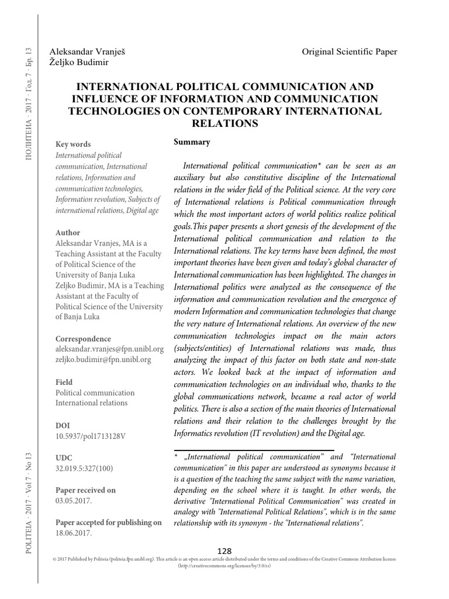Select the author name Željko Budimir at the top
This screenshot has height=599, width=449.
(83, 61)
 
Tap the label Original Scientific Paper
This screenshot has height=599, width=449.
(349, 51)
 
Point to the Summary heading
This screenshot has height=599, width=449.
(192, 142)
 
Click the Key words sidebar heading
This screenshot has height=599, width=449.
(72, 144)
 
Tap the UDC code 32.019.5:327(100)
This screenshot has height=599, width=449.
(85, 469)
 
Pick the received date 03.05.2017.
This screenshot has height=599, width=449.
(74, 500)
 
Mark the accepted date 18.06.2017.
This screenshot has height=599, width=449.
(74, 533)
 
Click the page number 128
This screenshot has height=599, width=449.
(224, 550)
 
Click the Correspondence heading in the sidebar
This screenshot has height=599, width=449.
(82, 339)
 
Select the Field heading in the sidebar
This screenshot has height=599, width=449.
(64, 382)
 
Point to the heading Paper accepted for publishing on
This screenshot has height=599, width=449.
(108, 522)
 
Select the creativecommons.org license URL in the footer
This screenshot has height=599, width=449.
(224, 566)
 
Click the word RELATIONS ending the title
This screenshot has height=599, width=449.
(224, 123)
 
